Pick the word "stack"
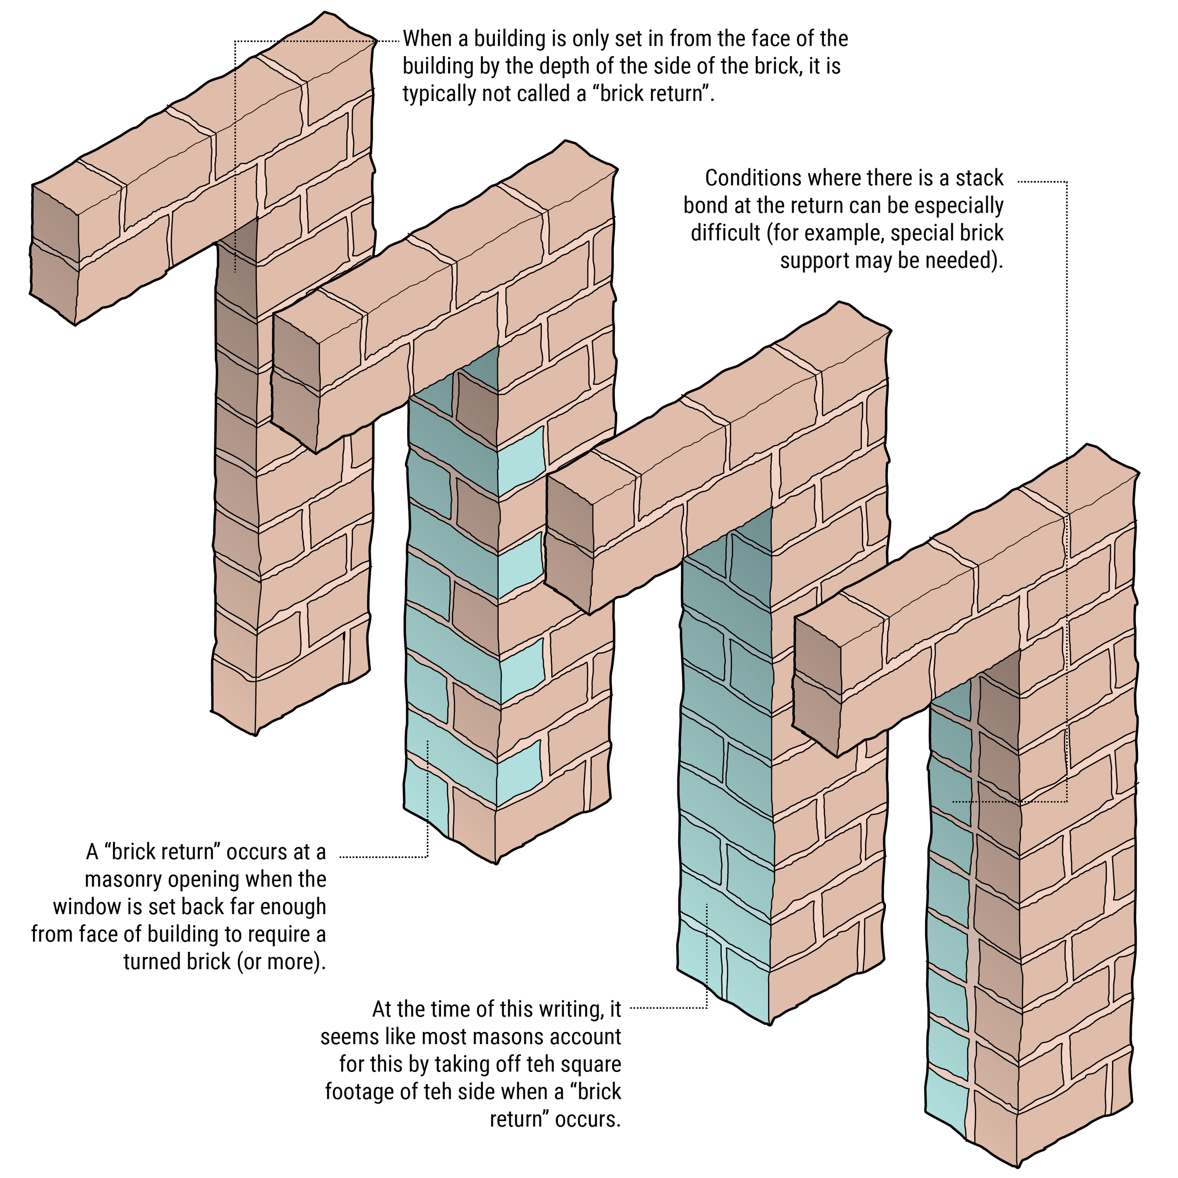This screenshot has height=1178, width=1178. [979, 178]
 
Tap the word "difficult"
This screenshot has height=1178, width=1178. [726, 233]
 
